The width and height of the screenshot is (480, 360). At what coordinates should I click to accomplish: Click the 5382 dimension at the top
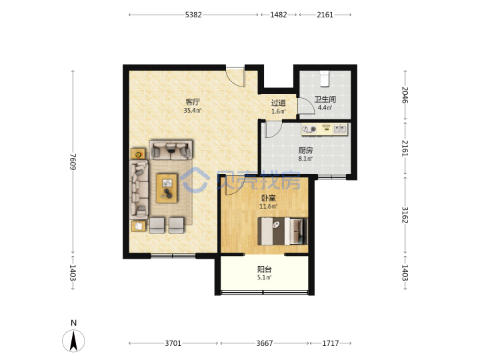tap(193, 15)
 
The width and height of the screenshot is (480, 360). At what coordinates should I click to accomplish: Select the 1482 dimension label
tap(279, 15)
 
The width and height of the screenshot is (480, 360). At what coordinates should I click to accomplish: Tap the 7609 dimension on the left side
tap(73, 161)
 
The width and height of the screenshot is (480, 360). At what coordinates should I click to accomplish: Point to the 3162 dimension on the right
tap(405, 215)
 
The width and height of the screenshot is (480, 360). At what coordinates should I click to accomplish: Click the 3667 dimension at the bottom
tap(265, 343)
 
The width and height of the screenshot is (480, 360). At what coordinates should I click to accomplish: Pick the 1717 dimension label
tap(331, 343)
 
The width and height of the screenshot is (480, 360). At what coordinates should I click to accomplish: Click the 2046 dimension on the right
tap(405, 95)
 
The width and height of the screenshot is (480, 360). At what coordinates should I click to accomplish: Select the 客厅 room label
tap(193, 102)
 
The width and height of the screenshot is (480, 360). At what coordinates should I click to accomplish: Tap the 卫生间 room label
tap(325, 99)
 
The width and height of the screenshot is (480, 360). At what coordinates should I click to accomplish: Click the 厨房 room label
tap(305, 150)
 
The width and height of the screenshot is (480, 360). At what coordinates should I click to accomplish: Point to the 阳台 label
tap(265, 269)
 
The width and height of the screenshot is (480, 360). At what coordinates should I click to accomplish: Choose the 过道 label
tap(279, 103)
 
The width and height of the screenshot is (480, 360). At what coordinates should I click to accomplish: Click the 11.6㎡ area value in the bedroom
tap(269, 206)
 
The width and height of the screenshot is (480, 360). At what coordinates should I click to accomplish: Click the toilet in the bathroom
tap(324, 79)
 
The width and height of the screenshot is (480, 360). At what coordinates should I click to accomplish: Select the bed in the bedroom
tap(282, 231)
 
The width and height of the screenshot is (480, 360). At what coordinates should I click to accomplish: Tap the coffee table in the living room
tap(167, 188)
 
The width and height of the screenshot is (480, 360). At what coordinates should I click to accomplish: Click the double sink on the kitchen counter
tap(341, 129)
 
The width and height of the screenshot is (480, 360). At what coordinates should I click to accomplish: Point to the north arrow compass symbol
tap(73, 341)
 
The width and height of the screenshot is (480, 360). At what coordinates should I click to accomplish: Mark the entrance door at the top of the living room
tap(236, 77)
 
